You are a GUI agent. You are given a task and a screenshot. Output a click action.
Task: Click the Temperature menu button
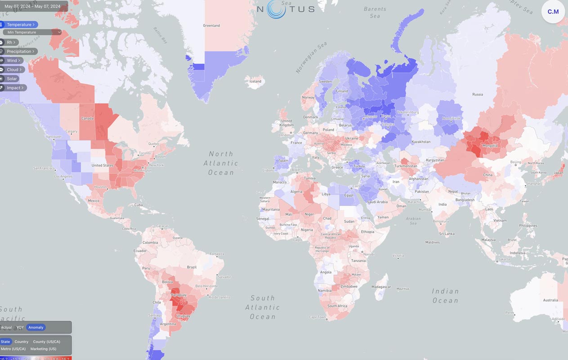[x=20, y=25]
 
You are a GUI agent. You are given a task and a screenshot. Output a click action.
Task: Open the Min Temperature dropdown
[x=32, y=32]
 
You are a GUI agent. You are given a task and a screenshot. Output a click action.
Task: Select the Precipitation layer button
[x=20, y=51]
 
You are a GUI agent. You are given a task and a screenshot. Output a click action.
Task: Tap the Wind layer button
[x=13, y=60]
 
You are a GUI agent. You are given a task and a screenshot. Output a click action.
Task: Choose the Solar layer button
[x=12, y=79]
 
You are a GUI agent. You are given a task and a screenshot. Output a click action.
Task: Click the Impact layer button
[x=14, y=88]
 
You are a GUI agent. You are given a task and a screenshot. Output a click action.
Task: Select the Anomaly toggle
[x=36, y=328]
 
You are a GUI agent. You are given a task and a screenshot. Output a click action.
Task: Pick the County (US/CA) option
[x=46, y=342]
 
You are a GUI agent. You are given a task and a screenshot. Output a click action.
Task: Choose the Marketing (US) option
[x=43, y=349]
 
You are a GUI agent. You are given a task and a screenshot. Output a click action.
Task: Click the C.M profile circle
[x=553, y=12]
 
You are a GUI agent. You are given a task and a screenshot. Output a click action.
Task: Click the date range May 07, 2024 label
[x=32, y=6]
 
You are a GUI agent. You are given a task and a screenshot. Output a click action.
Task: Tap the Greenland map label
[x=211, y=26]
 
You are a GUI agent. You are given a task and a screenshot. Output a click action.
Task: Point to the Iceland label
[x=255, y=81]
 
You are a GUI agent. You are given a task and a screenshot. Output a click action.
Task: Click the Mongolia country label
[x=490, y=146]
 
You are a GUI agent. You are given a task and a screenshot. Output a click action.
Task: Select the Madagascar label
[x=381, y=287]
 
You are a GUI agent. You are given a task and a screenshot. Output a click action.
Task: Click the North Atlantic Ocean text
[x=221, y=163]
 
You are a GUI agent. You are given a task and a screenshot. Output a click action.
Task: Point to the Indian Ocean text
[x=445, y=296]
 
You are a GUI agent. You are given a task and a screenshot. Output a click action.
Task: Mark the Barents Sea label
[x=375, y=12]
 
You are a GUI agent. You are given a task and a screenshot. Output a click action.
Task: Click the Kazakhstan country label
[x=421, y=142]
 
